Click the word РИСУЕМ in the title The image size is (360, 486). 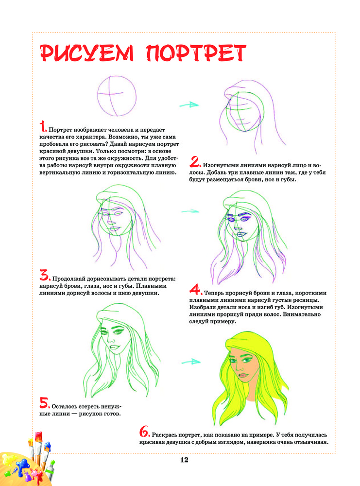[x=87, y=53]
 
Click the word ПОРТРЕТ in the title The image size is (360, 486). [x=196, y=53]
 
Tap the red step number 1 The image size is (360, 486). [x=43, y=127]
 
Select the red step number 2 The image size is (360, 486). [x=195, y=162]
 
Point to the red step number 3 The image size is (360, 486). [x=45, y=275]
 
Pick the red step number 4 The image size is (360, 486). [x=196, y=290]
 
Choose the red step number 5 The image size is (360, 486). [x=45, y=403]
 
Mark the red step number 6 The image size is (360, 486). [x=145, y=432]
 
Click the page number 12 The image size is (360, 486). [x=184, y=460]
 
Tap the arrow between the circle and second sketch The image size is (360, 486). [x=189, y=105]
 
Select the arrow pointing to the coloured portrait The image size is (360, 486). [x=191, y=362]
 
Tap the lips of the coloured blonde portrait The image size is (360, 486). [x=243, y=376]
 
